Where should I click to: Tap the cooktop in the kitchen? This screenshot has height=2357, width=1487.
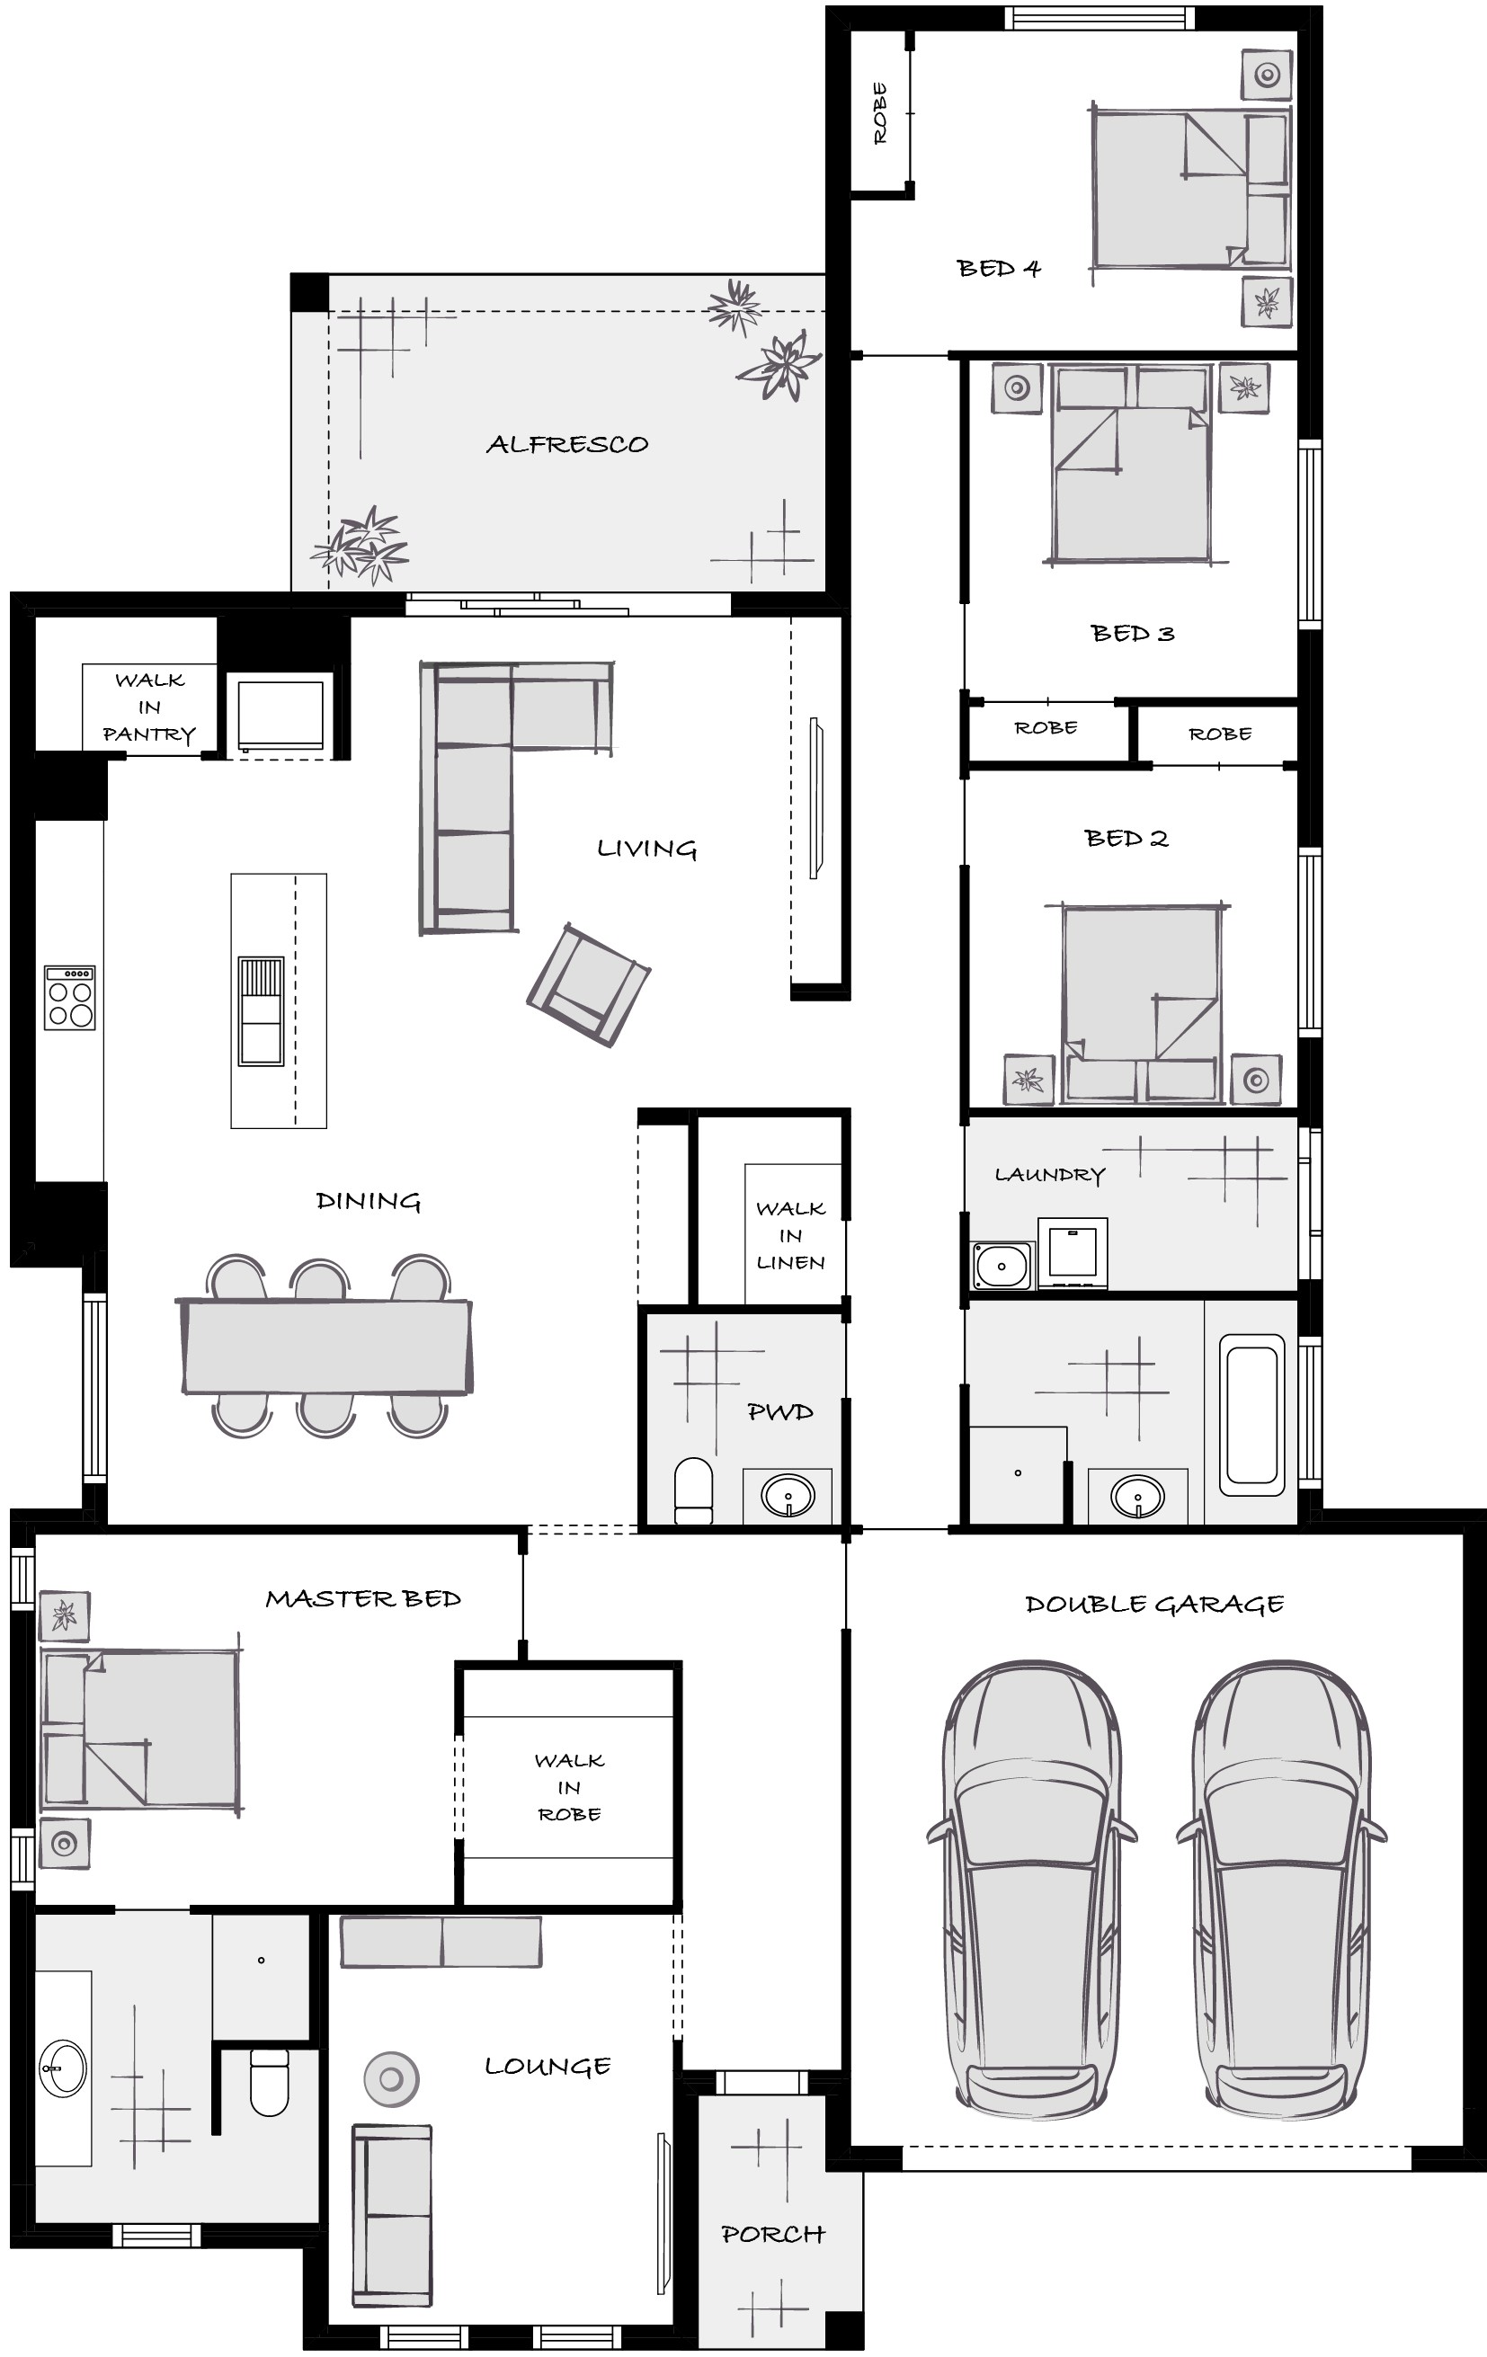click(69, 998)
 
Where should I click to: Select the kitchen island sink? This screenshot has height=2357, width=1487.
click(262, 1011)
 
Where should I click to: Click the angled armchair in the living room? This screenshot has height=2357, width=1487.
click(588, 984)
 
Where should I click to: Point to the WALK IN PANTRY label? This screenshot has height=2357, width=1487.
click(149, 707)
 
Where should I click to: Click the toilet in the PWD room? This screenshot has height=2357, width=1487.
click(694, 1490)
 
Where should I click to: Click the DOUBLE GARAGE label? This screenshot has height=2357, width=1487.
click(1154, 1605)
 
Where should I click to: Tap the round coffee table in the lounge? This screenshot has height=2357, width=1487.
click(392, 2079)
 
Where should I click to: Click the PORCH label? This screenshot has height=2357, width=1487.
click(773, 2235)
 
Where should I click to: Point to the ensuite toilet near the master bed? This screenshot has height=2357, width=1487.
click(269, 2083)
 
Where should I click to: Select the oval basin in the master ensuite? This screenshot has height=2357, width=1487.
click(64, 2068)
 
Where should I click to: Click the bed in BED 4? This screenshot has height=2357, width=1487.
click(1189, 187)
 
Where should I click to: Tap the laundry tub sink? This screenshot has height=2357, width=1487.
click(1002, 1266)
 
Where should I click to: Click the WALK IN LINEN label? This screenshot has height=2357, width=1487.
click(791, 1235)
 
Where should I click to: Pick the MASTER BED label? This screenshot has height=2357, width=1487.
click(363, 1598)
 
